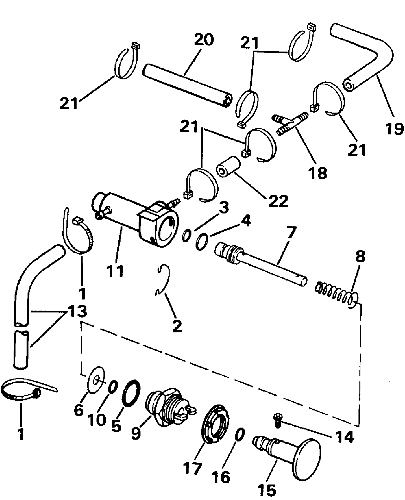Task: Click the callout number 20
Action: [x=204, y=40]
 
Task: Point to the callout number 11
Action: [x=115, y=271]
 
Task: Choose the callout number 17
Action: [x=192, y=469]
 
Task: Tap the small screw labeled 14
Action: [x=278, y=420]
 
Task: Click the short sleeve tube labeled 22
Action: [x=227, y=167]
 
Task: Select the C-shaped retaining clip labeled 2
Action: [x=163, y=280]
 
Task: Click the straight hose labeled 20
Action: [x=187, y=86]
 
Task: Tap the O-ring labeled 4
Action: [x=202, y=242]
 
